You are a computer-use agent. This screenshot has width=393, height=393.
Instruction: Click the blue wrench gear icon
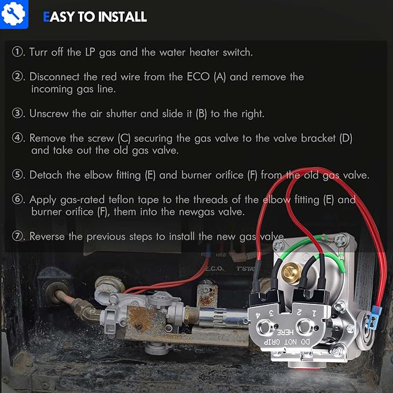[x=13, y=14]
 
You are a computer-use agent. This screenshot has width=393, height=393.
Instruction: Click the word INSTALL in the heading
[x=122, y=17]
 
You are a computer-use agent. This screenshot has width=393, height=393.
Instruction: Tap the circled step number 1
[x=17, y=52]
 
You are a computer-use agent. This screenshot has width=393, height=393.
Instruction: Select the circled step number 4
[x=17, y=138]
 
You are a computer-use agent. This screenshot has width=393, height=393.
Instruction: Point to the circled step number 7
[x=17, y=236]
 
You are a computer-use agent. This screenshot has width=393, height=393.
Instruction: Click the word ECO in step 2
[x=198, y=76]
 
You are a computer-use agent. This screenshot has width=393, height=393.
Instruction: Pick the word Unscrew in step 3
[x=49, y=113]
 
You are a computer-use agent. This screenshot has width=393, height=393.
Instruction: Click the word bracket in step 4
[x=318, y=138]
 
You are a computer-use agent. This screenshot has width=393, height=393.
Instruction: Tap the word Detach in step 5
[x=46, y=175]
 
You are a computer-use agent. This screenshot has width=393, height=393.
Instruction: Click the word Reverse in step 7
[x=47, y=236]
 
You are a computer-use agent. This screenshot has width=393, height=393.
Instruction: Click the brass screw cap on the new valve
[x=292, y=273]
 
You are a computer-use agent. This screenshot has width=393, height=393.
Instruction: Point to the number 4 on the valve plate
[x=258, y=315]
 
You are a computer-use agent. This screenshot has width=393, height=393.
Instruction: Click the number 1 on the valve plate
[x=314, y=313]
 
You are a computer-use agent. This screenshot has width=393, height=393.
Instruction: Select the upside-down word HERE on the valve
[x=285, y=333]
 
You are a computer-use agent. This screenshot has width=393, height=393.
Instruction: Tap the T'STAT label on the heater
[x=245, y=269]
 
